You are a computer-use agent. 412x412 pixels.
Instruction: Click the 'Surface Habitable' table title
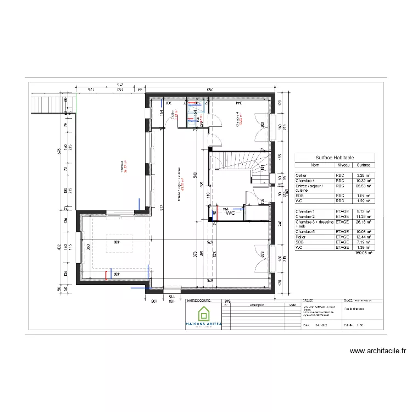[335, 157]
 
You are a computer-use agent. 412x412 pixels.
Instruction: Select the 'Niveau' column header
[343, 164]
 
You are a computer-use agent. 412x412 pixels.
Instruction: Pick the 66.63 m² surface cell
[363, 186]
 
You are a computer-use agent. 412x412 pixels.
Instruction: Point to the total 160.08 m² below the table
[363, 252]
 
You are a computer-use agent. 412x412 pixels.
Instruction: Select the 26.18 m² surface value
[363, 221]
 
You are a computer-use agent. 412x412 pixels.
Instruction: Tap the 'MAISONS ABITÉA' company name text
[204, 325]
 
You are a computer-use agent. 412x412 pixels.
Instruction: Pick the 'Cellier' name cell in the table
[302, 175]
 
